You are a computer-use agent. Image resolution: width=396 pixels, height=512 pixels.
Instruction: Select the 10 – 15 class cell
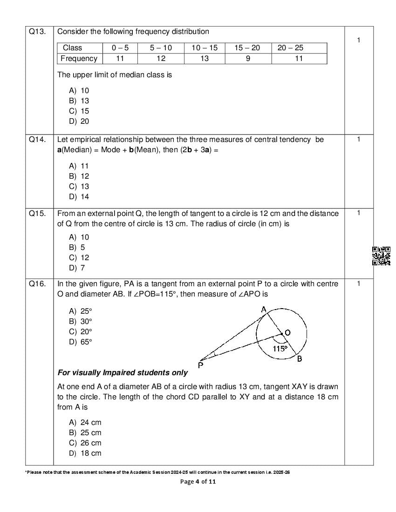[204, 47]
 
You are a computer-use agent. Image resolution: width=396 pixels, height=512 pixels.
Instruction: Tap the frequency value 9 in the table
[248, 58]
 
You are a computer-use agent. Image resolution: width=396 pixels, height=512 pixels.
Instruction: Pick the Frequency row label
[79, 58]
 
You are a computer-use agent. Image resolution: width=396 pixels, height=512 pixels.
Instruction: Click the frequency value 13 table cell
[204, 58]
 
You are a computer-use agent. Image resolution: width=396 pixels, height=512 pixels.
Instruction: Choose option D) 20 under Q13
[79, 121]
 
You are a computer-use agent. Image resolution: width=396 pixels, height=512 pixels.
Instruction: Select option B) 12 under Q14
[79, 176]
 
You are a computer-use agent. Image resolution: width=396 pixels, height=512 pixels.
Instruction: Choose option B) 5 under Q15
[77, 247]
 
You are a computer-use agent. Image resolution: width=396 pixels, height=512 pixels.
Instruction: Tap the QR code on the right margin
[381, 256]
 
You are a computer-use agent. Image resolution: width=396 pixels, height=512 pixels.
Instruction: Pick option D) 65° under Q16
[81, 342]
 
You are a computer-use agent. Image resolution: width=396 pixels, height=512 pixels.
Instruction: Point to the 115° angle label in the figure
[280, 348]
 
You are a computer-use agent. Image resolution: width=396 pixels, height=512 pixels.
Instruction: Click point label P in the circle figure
[200, 365]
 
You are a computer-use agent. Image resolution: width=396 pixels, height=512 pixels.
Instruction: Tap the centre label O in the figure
[287, 332]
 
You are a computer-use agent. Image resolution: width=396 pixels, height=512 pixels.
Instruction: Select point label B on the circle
[300, 358]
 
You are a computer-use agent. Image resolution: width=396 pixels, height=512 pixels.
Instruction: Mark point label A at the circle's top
[264, 309]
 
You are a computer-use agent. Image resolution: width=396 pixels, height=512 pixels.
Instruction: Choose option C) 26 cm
[85, 443]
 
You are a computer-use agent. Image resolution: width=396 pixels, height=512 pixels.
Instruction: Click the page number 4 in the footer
[197, 481]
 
